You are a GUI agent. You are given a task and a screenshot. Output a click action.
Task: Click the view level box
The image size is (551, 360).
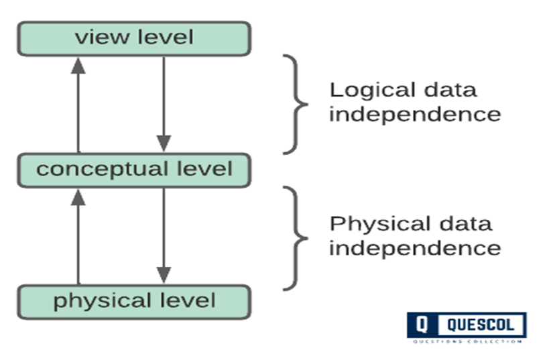pos(134,38)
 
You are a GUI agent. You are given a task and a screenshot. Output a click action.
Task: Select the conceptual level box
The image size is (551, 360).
pos(134,170)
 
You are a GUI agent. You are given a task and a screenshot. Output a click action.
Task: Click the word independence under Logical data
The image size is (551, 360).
pos(414,114)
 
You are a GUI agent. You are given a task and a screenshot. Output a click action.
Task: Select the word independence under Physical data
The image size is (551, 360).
pos(414,247)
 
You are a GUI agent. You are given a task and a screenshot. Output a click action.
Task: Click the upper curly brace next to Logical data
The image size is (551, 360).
pos(295,105)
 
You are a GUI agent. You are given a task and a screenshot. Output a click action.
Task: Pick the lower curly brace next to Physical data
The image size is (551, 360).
pos(295,238)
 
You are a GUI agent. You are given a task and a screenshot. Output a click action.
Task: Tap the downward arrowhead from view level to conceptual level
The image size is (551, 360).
pos(164,143)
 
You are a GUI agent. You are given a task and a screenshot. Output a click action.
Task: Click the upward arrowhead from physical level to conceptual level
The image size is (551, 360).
pos(78,196)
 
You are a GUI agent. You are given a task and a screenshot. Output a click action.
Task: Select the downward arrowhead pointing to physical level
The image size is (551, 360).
pos(164,275)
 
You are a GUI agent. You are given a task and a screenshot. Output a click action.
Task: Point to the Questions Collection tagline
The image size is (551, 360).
pos(467,341)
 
